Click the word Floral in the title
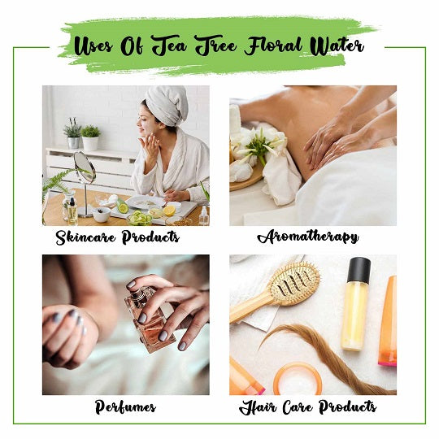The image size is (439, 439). pos(272,46)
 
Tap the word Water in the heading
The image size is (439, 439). pos(337,46)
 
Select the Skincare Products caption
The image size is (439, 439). pos(117,237)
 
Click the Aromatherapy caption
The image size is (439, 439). pos(307,237)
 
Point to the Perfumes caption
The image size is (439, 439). pos(125,406)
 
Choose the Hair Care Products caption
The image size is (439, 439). pos(307,406)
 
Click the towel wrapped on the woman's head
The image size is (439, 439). pos(167,106)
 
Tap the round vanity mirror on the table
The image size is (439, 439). pos(85,167)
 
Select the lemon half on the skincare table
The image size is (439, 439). pos(169,211)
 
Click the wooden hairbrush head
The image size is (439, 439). pos(293,283)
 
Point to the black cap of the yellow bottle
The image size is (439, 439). pos(359,270)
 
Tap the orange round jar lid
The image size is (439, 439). pos(298,379)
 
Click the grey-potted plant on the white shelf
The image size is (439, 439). pos(72,133)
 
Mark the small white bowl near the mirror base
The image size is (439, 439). pos(102,215)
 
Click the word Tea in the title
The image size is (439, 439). pos(169,46)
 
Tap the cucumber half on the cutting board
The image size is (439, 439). pos(123,206)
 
